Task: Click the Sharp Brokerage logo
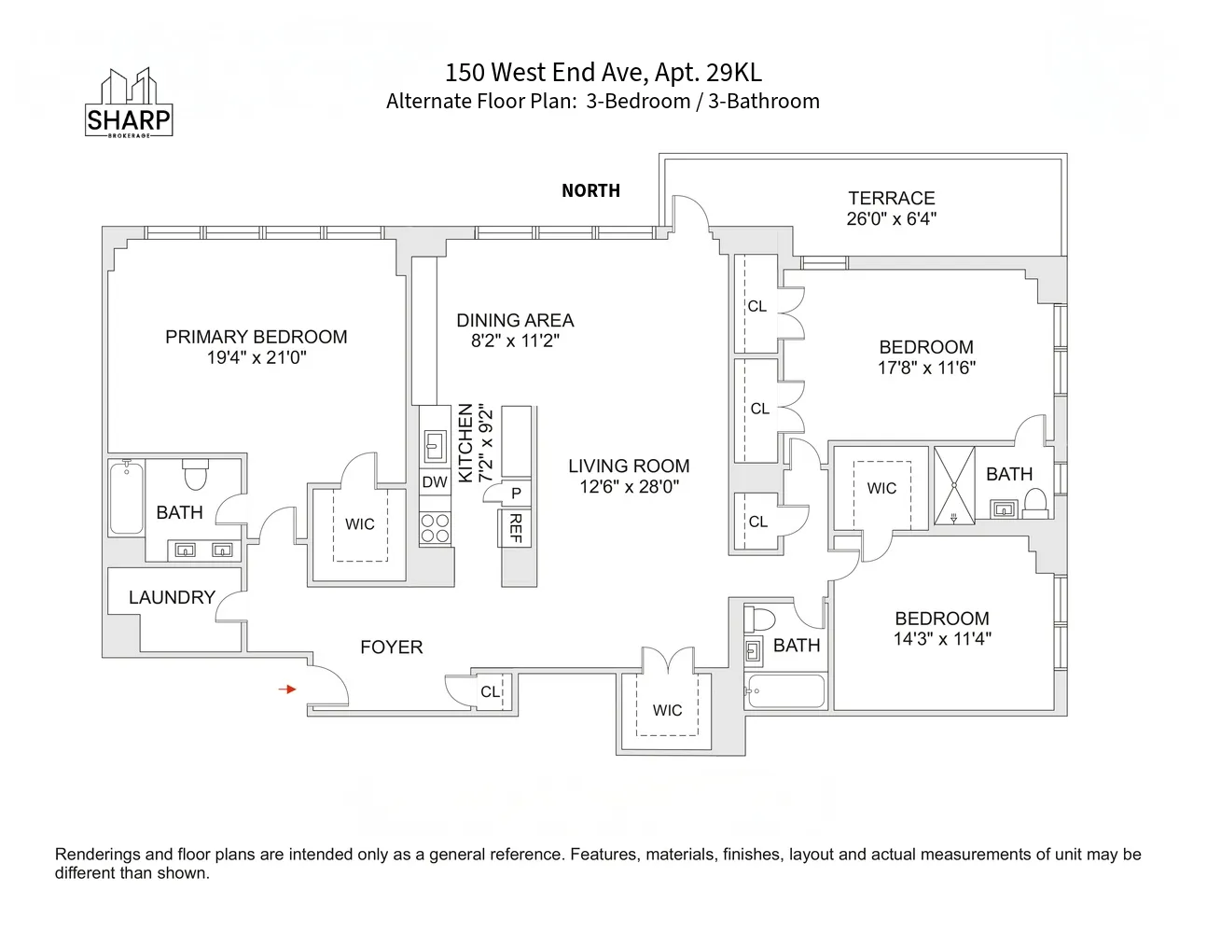[129, 104]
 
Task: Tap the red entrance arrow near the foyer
[289, 689]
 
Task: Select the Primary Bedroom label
[257, 337]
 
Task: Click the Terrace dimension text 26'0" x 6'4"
[891, 219]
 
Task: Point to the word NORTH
[590, 190]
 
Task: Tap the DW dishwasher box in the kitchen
[435, 482]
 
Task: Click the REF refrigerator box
[515, 529]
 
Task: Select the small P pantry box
[515, 494]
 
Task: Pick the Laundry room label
[172, 597]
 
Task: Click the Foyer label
[391, 647]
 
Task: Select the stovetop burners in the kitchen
[435, 528]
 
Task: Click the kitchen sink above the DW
[435, 446]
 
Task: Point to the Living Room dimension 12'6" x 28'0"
[629, 486]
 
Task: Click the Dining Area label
[515, 320]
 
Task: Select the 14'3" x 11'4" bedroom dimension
[941, 639]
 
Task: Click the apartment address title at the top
[603, 73]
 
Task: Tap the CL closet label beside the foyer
[490, 691]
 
